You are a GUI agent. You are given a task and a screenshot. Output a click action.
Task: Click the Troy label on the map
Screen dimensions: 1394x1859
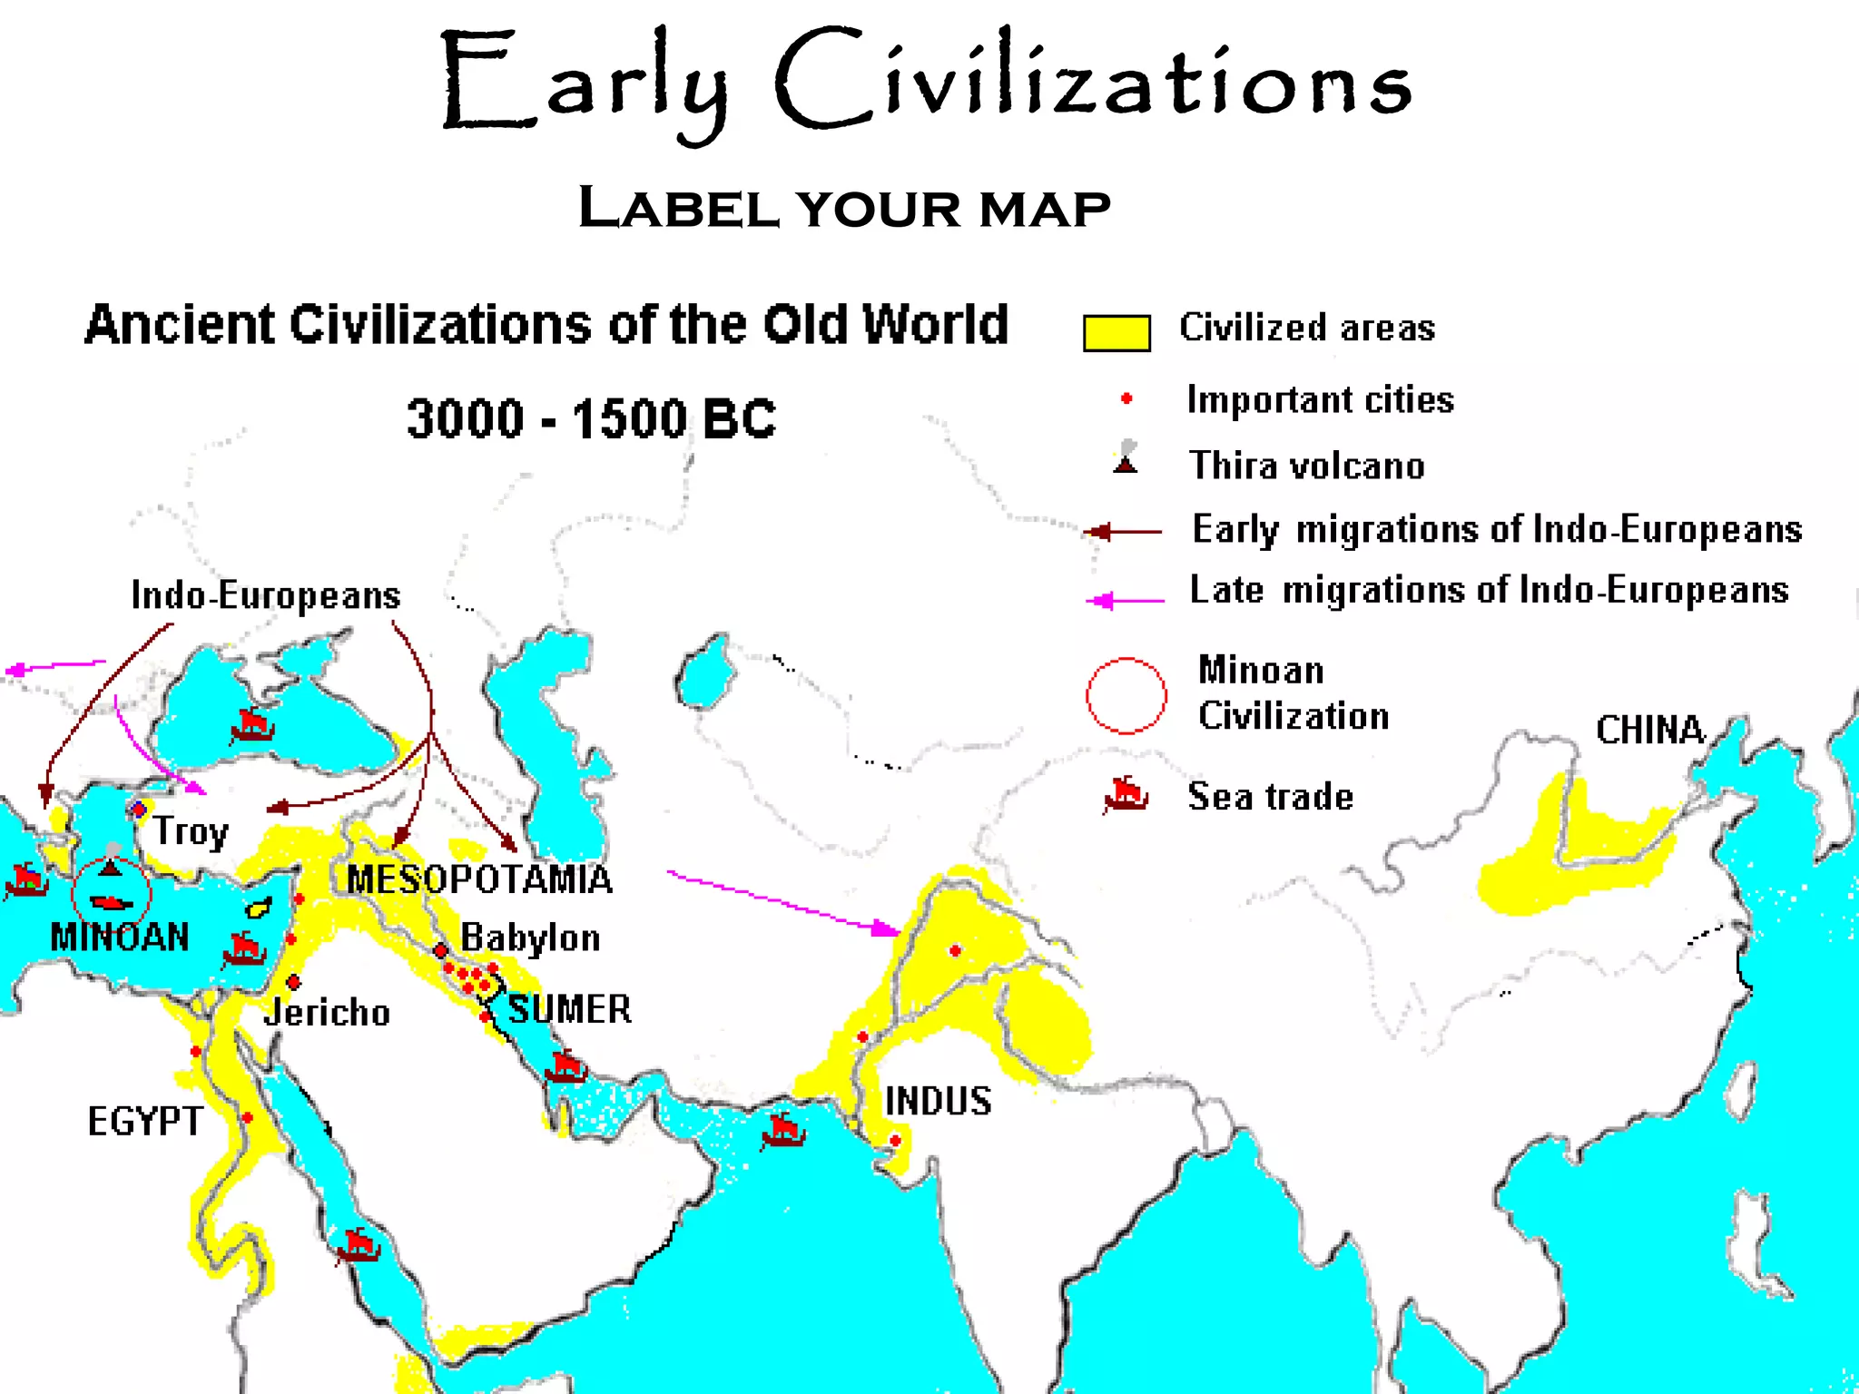(191, 831)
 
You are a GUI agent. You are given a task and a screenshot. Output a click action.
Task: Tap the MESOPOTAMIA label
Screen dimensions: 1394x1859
(479, 879)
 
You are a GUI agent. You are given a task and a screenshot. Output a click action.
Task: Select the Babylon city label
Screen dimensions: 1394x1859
(530, 938)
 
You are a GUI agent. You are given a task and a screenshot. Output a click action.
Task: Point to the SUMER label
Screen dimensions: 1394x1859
(569, 1009)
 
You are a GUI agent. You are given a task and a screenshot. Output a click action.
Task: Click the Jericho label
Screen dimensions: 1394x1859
(327, 1012)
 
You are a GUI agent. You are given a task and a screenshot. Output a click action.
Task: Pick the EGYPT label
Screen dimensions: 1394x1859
(145, 1122)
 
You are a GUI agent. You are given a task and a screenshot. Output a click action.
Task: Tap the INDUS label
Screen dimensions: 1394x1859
(938, 1101)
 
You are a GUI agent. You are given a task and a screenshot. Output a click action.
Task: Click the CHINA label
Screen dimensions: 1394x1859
(1650, 730)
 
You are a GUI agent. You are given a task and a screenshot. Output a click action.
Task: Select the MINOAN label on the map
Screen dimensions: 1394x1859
(120, 937)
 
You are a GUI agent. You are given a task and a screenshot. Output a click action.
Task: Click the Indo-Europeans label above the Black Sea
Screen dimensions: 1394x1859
(265, 595)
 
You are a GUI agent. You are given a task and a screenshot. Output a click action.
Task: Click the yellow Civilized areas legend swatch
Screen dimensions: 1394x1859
(1116, 333)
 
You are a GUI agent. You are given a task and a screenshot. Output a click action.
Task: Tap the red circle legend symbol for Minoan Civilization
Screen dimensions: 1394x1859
(1126, 695)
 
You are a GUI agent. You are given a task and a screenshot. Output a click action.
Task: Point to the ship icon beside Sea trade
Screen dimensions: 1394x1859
(1126, 797)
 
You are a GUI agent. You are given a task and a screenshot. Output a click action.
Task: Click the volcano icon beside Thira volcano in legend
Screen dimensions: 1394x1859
(1126, 458)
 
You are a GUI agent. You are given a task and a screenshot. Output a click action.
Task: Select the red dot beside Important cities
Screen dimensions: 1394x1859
(1126, 398)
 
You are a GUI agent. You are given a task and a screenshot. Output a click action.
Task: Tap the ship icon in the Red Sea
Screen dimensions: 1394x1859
(357, 1245)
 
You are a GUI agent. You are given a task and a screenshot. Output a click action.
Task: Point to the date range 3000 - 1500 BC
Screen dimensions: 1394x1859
(591, 418)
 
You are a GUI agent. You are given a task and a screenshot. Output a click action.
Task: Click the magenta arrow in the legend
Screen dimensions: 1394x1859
(1125, 600)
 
